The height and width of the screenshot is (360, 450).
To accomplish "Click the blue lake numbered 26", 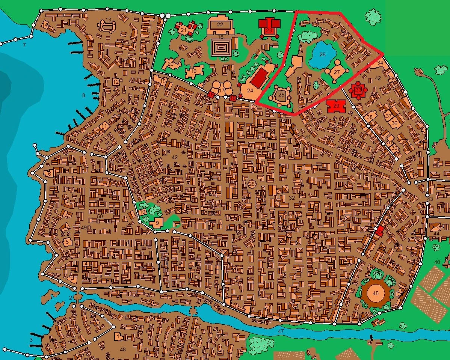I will click(x=322, y=55).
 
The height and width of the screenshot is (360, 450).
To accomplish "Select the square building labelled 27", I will click(x=336, y=72).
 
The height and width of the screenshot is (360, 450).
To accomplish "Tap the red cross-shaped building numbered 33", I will click(x=358, y=90).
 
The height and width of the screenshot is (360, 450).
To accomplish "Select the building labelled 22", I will click(x=220, y=25).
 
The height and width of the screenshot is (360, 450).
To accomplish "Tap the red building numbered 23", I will click(x=269, y=27).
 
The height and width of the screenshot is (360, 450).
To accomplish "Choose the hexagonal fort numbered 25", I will click(x=281, y=95).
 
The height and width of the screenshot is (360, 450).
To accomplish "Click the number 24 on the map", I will click(x=250, y=90).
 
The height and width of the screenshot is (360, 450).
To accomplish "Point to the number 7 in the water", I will click(x=24, y=45).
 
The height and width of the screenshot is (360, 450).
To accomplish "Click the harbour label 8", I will click(x=84, y=95).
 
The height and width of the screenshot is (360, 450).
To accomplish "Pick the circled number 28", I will click(x=252, y=184).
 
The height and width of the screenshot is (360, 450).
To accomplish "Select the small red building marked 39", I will click(x=379, y=232).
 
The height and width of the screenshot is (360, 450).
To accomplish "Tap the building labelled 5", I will click(x=67, y=242).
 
